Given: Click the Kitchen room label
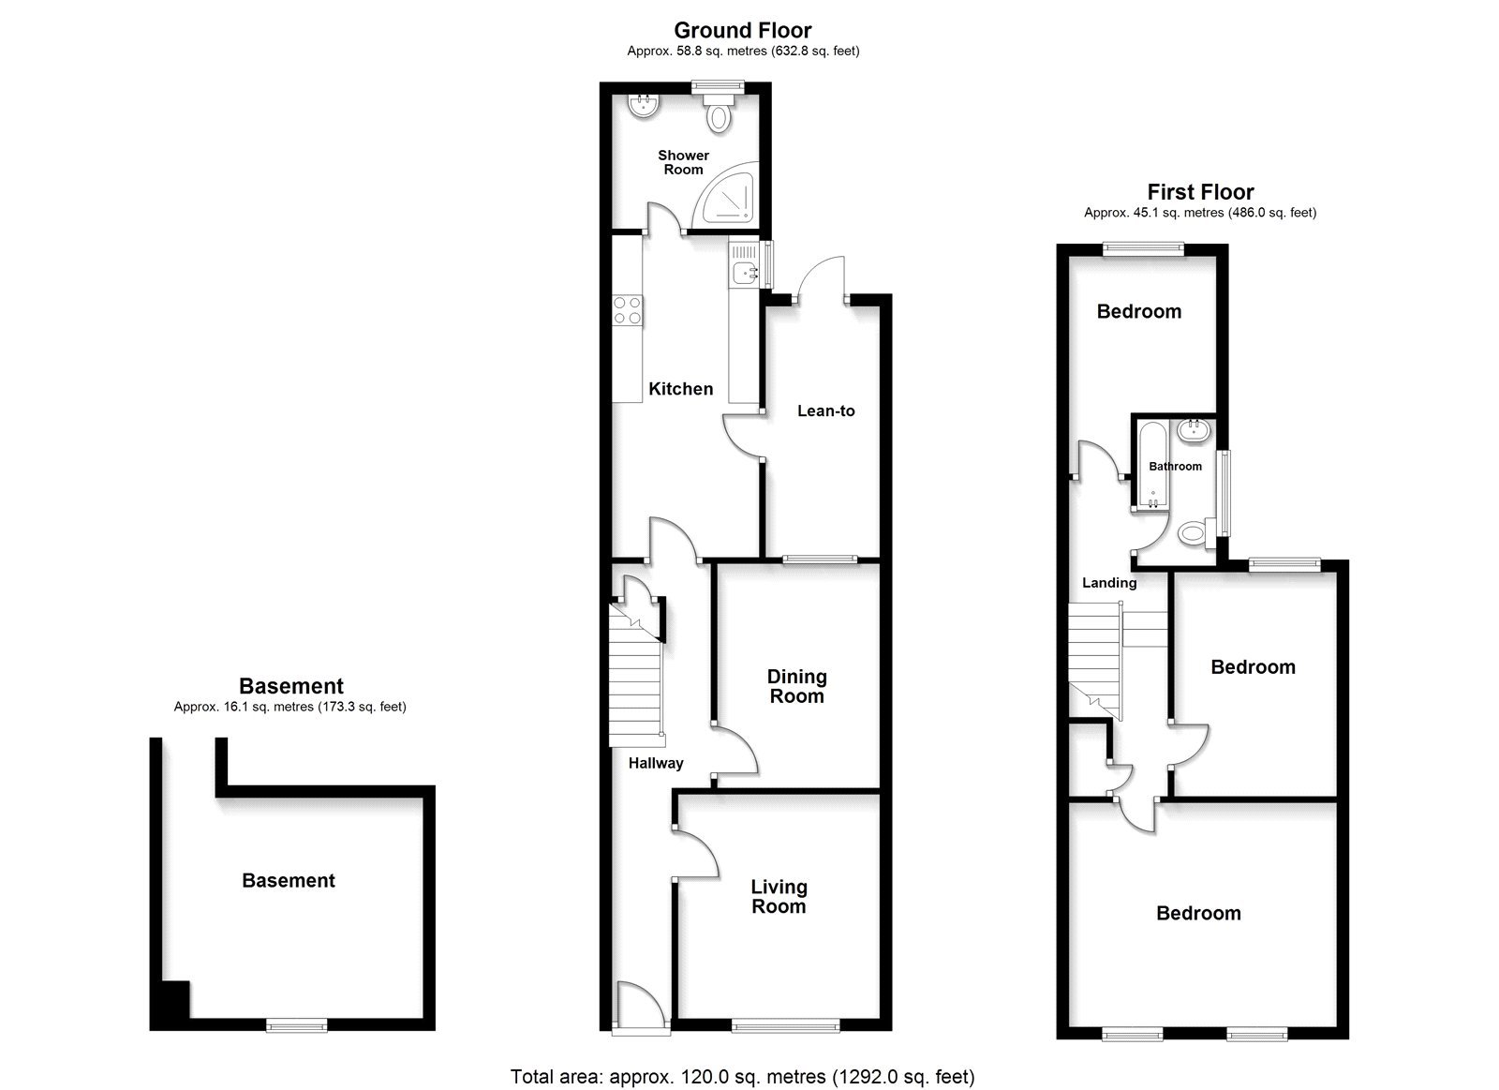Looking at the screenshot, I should tap(680, 389).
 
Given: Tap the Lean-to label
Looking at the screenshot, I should tap(825, 411).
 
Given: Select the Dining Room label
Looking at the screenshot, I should tap(796, 686).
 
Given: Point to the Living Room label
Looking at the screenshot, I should tap(779, 896).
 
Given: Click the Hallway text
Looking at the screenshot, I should tap(656, 763).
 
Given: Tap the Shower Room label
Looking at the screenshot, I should tap(683, 162).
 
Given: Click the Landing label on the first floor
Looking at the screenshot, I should tap(1109, 583).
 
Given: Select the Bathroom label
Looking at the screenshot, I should tap(1175, 466).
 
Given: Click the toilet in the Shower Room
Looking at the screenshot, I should tap(719, 116).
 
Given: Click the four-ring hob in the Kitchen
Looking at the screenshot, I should tap(628, 310).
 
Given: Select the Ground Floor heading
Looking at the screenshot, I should tap(743, 31).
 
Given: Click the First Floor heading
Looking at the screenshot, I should tap(1200, 192).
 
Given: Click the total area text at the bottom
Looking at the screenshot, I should tap(742, 1076).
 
